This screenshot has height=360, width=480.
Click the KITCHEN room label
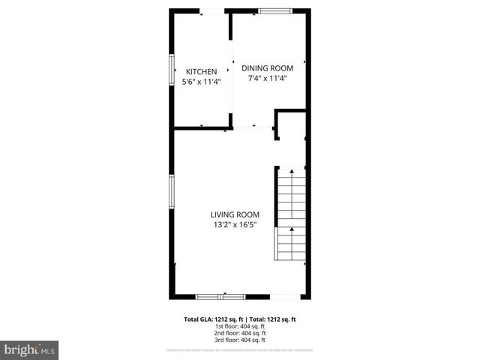click(x=201, y=72)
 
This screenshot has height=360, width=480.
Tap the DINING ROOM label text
click(x=267, y=67)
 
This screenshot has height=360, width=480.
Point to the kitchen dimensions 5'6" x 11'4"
click(x=202, y=82)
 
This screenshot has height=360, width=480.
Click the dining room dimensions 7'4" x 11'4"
click(x=267, y=77)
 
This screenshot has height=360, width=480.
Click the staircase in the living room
click(x=291, y=214)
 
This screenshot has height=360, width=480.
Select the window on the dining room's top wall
click(x=275, y=10)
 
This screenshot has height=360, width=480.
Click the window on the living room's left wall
click(x=172, y=193)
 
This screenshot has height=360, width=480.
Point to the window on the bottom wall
click(x=220, y=296)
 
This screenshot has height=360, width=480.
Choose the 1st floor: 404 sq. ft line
click(x=240, y=326)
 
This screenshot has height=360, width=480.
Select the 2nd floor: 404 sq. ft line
click(x=240, y=333)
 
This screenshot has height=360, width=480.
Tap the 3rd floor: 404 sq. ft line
click(x=240, y=340)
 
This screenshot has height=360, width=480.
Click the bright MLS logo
click(x=30, y=350)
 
